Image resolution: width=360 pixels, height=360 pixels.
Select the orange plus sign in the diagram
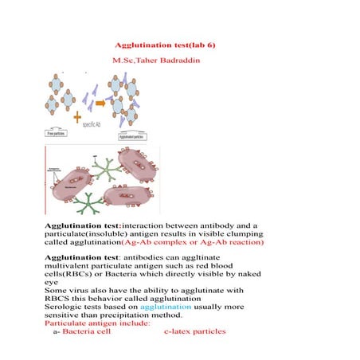(x=76, y=116)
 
